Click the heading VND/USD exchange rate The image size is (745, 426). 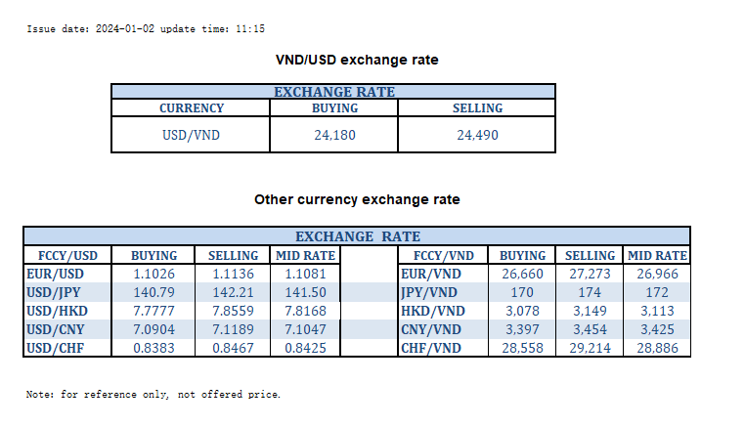coord(357,61)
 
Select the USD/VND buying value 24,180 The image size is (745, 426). coord(334,135)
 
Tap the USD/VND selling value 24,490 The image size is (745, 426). coord(477,135)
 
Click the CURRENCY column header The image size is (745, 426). coord(191,108)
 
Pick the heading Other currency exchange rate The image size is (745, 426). coord(357,200)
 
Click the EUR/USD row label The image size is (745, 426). coord(57,274)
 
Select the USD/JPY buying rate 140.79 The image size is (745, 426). coord(153,292)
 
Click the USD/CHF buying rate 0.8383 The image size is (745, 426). coord(153,346)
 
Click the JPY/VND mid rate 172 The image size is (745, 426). coord(657,292)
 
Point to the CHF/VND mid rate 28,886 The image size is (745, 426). coord(657,346)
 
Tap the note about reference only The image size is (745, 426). coord(153,395)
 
